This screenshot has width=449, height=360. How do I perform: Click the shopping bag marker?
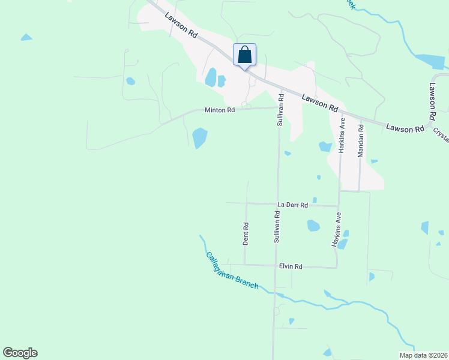point(244,55)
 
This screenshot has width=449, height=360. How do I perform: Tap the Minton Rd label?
point(219,110)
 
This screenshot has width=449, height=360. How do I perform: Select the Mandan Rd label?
point(361,141)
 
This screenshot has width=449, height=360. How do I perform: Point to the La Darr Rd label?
point(292,205)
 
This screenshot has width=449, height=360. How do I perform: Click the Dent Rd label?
point(246,234)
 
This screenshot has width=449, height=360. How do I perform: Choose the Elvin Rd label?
point(291,266)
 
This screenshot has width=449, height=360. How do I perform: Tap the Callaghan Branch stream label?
point(232,270)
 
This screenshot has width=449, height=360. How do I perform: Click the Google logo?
point(20,353)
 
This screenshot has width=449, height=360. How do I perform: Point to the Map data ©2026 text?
point(423,355)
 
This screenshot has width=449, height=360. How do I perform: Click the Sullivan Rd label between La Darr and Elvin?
point(278,226)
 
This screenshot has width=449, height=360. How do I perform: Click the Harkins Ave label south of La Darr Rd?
point(337,230)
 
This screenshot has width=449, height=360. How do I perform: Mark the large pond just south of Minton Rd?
point(200,138)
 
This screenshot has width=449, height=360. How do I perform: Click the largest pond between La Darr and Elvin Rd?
point(313,226)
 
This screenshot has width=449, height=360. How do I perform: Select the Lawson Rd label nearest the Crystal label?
point(405,128)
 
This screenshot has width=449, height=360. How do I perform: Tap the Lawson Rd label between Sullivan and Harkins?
point(320,101)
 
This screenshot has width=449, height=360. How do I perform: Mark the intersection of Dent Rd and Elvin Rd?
point(245,265)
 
